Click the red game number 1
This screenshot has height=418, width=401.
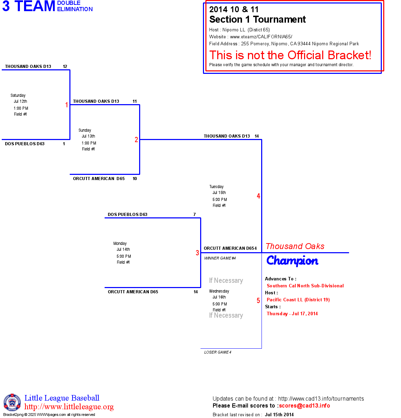pos(67,105)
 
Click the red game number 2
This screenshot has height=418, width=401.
pos(136,140)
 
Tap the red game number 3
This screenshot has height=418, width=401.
pos(197,253)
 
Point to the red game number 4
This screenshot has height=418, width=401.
pos(258,196)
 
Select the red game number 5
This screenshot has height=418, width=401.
pos(258,301)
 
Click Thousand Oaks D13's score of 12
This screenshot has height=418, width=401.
pos(65,67)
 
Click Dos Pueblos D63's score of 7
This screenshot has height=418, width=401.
pos(195,215)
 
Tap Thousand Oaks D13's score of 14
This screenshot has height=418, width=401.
pos(257,136)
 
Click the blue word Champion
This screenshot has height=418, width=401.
pos(292,261)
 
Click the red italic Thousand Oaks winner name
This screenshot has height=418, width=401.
pos(295,246)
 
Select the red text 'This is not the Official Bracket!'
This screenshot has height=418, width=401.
pos(290,55)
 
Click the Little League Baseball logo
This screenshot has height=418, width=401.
pos(12,402)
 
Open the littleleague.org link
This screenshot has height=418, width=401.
pos(69,407)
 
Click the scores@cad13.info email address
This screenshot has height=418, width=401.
pos(304,405)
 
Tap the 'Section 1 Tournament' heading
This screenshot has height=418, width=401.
pos(257,20)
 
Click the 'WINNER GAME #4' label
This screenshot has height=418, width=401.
pos(220,258)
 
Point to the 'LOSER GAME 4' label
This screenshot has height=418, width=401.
pos(218,352)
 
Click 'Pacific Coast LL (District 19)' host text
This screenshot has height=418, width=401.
pos(298,300)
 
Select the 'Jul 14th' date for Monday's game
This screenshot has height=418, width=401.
pos(123,249)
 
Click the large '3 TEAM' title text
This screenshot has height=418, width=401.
pos(29,6)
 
